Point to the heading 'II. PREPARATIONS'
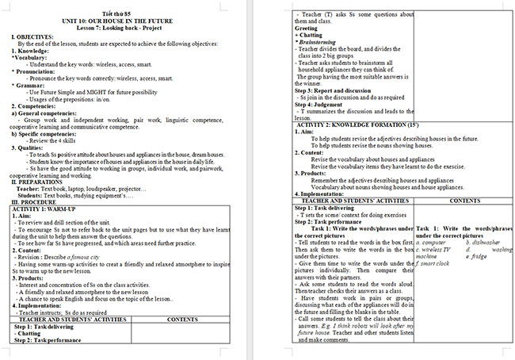point(38,182)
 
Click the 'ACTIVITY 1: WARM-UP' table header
point(44,209)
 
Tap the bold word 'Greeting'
point(306,28)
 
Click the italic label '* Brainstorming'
point(316,41)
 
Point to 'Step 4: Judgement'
point(317,104)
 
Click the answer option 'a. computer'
point(431,242)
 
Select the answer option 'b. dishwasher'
point(483,242)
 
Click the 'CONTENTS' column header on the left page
point(183,319)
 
